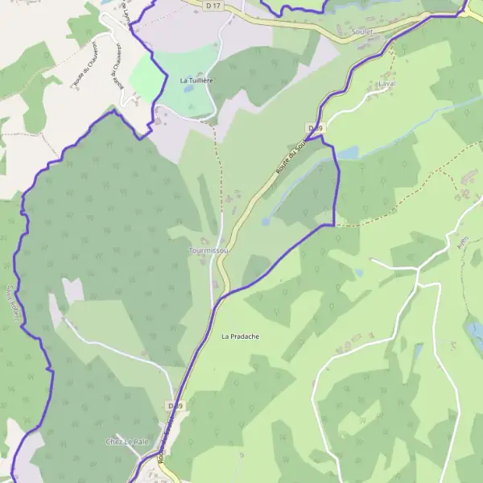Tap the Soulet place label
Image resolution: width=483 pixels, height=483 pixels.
363,32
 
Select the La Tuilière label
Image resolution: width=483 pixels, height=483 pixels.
195,80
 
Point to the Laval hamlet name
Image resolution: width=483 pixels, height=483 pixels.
386,83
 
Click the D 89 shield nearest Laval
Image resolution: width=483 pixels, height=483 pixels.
315,129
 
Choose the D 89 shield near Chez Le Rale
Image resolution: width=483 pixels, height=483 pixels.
175,406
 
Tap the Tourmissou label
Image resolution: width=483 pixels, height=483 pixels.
208,251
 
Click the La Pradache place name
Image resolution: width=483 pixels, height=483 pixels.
241,336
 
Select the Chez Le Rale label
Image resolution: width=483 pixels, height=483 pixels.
128,442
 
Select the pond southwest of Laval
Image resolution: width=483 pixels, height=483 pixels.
348,152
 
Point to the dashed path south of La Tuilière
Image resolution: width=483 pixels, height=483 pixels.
217,177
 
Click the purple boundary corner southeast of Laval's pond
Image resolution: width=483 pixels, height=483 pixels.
333,225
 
